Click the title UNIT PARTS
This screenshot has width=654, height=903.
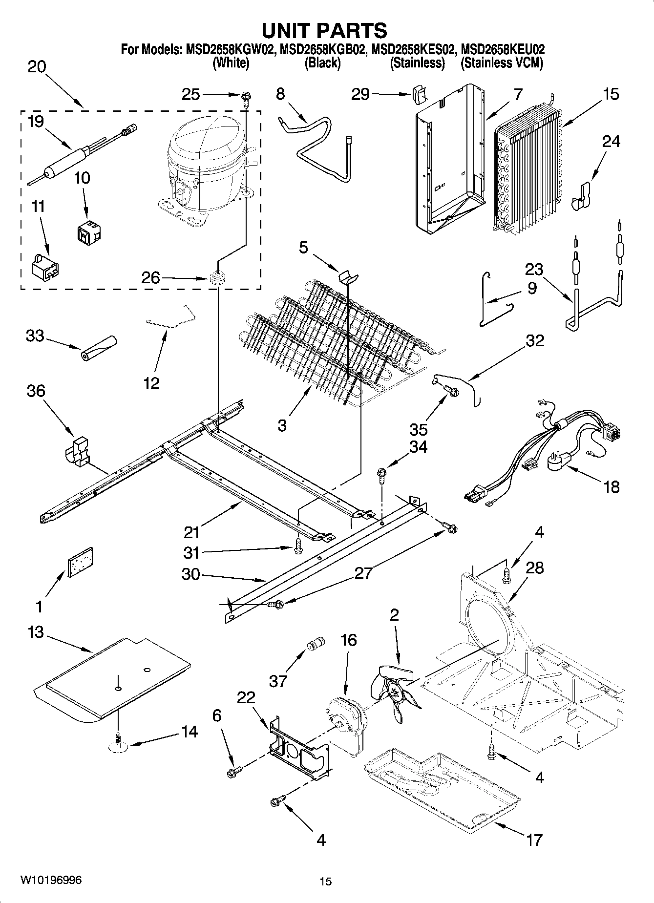tap(324, 30)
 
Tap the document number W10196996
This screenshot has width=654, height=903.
tap(51, 880)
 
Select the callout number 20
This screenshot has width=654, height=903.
tap(37, 67)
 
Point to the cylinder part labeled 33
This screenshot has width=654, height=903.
tap(99, 348)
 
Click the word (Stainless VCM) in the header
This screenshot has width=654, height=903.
tap(502, 63)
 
